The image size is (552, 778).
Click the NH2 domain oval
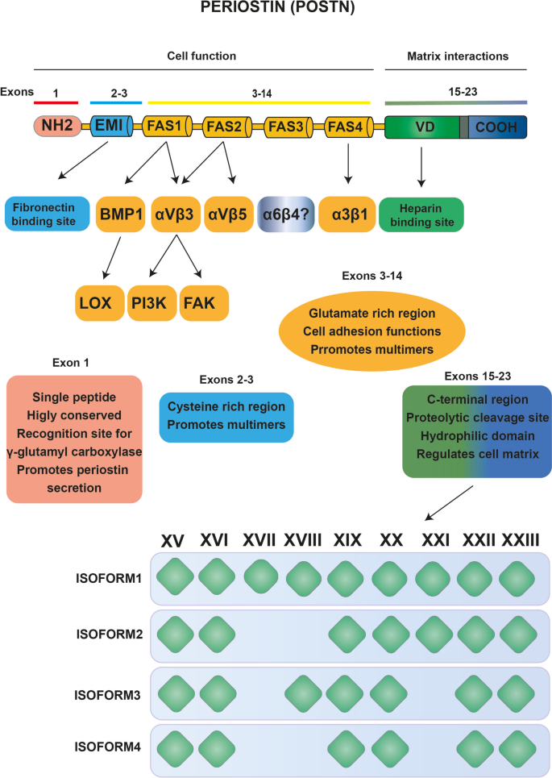(x=56, y=127)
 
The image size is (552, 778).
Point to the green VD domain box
(x=421, y=127)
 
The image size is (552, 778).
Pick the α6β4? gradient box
(x=285, y=214)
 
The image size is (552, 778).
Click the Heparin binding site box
(x=421, y=214)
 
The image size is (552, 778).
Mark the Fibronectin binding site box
(x=47, y=214)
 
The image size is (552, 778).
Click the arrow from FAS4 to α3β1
(x=347, y=165)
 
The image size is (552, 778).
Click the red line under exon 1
(x=56, y=103)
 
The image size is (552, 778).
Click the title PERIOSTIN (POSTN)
(x=276, y=12)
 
